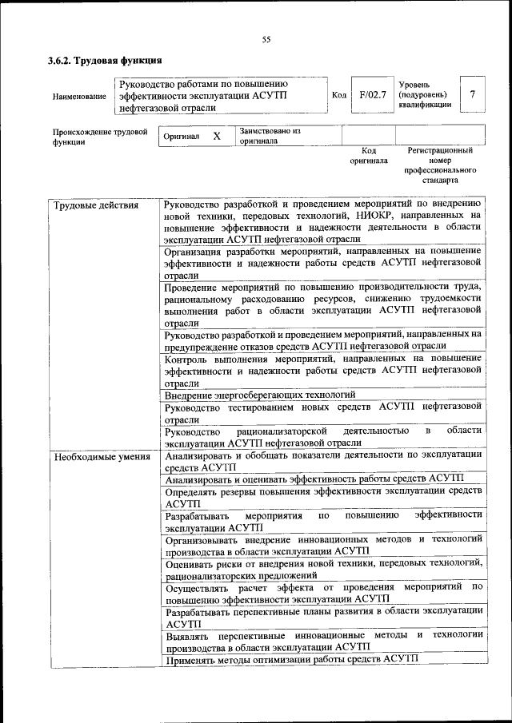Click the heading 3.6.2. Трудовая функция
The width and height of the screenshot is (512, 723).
pyautogui.click(x=105, y=61)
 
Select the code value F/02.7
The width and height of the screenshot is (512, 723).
pyautogui.click(x=373, y=95)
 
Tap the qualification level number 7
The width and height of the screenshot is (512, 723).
pyautogui.click(x=473, y=95)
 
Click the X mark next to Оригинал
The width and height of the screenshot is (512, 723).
pyautogui.click(x=216, y=137)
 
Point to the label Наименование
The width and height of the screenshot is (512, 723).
pyautogui.click(x=79, y=97)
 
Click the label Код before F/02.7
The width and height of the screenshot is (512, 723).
pyautogui.click(x=338, y=96)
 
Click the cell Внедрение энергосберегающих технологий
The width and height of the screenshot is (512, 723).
pyautogui.click(x=259, y=395)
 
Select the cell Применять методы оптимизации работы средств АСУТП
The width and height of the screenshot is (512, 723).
pyautogui.click(x=292, y=659)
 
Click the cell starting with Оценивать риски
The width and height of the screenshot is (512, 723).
pyautogui.click(x=323, y=569)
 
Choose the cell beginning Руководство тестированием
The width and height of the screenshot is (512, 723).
pyautogui.click(x=323, y=412)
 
